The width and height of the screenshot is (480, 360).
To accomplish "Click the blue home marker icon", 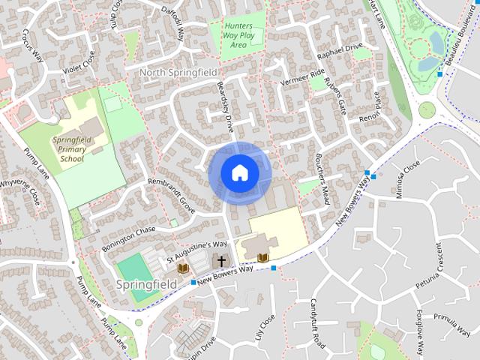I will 239,173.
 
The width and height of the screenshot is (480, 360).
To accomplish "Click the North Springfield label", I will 178,72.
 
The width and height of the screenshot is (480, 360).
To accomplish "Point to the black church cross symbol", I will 221,261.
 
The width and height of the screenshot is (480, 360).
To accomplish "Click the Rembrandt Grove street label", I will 172,194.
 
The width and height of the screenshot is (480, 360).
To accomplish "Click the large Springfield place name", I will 147,285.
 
